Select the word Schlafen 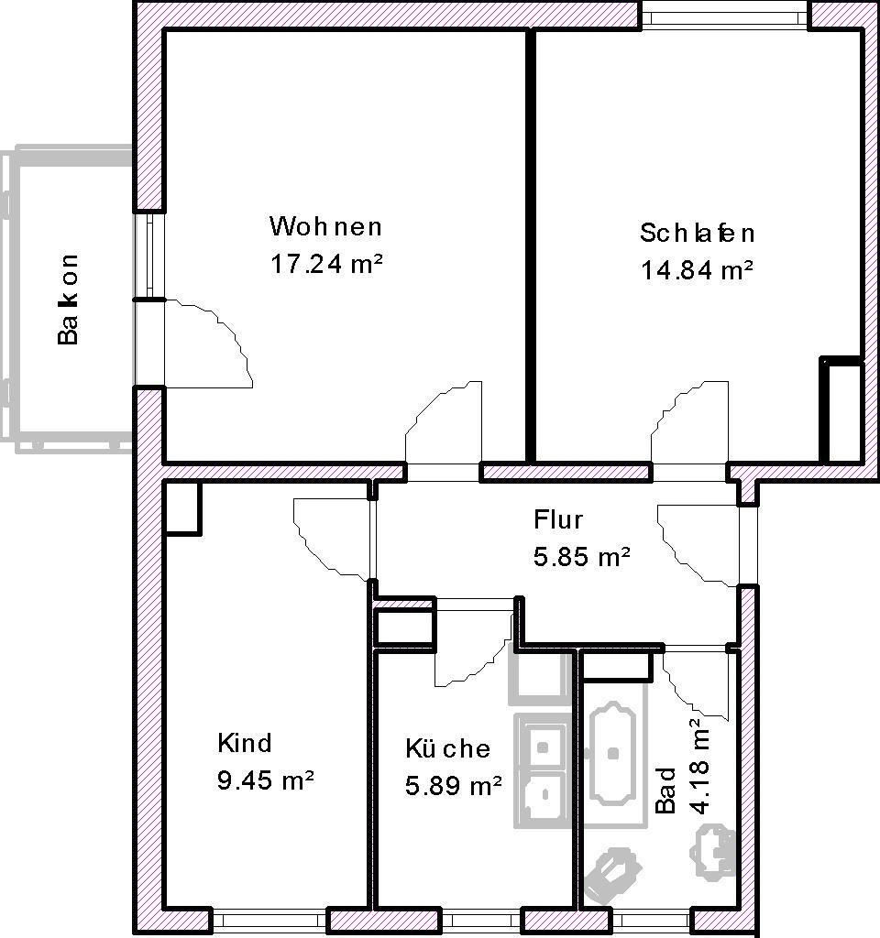click(698, 233)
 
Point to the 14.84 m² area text click(698, 270)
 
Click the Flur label click(558, 520)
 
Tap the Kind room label click(245, 742)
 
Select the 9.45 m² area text click(266, 780)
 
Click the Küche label click(448, 748)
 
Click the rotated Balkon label click(68, 299)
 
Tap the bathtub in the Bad click(614, 753)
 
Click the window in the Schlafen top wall click(724, 15)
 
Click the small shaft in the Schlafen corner click(841, 410)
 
